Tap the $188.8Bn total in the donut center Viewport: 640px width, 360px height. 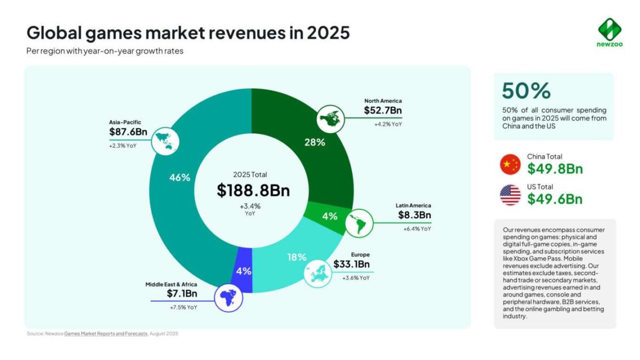point(253,190)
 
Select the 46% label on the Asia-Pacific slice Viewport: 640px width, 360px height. point(180,178)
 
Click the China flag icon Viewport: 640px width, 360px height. point(510,165)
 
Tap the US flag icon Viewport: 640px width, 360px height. point(510,195)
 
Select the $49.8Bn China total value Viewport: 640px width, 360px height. point(555,170)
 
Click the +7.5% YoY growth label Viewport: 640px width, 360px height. point(184,308)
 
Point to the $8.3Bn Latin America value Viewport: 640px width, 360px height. point(414,215)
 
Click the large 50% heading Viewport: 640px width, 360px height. point(526,91)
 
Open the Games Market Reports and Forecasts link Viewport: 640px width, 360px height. point(106,334)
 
